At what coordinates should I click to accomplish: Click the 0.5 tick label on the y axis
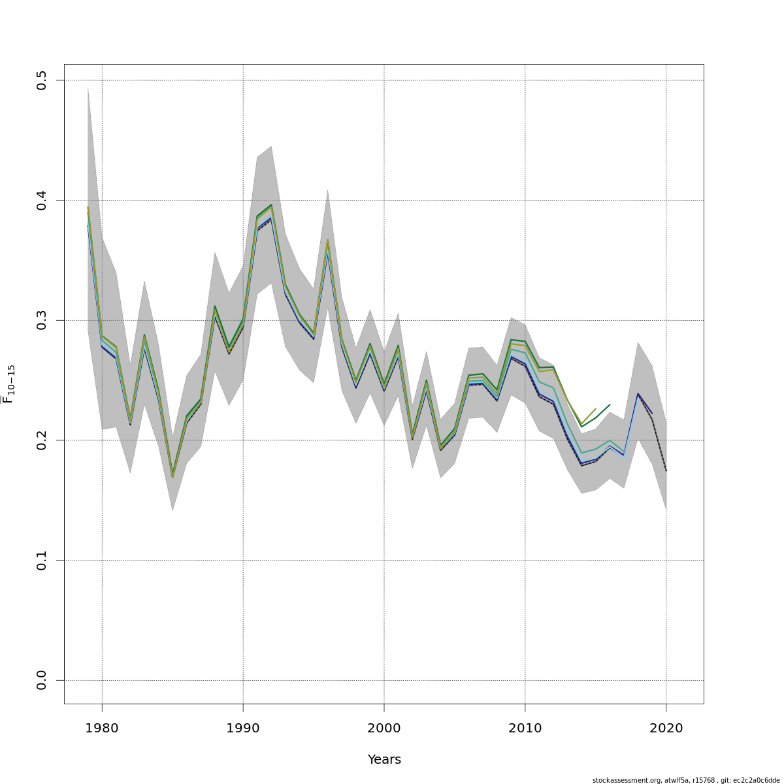point(42,80)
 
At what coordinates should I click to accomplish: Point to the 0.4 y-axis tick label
point(42,201)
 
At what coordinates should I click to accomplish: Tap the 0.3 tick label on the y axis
point(42,320)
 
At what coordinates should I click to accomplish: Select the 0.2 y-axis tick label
point(42,440)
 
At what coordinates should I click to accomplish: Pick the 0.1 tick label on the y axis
point(42,561)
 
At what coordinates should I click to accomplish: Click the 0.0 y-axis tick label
point(42,680)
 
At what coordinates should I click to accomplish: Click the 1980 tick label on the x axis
point(102,728)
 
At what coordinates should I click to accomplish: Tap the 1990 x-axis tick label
point(243,728)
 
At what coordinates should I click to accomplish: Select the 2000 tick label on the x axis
point(384,728)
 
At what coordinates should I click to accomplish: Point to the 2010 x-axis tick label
point(525,728)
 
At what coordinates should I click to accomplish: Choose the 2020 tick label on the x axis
point(666,728)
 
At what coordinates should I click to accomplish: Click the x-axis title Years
point(384,760)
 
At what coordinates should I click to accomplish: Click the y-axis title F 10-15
point(9,384)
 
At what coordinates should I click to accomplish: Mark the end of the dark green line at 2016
point(610,404)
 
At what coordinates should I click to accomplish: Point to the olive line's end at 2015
point(595,409)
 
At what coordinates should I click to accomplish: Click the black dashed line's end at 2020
point(666,471)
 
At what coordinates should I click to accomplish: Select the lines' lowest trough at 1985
point(172,477)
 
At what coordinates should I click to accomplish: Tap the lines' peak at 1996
point(327,240)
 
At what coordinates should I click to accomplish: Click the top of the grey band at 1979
point(88,87)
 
